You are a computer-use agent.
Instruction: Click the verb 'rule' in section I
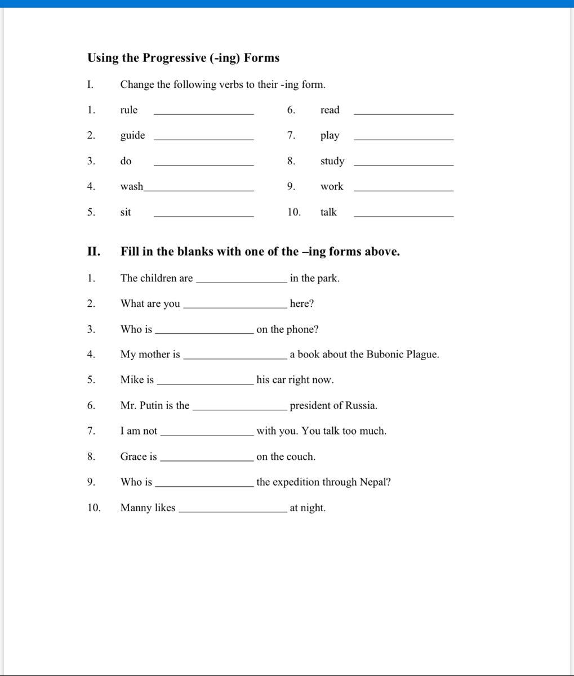128,110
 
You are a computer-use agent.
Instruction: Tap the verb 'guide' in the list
132,136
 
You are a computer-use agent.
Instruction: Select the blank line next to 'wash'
198,190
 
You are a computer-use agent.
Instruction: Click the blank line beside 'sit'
203,215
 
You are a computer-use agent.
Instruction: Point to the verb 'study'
332,162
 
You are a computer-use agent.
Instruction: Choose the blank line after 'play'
403,138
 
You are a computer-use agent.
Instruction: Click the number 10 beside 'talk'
293,212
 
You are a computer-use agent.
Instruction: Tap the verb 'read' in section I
330,110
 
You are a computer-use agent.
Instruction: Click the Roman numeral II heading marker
94,252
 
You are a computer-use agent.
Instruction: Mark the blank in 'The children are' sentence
241,281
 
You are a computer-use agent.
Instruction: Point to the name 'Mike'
131,380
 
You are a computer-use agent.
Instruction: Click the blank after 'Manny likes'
232,511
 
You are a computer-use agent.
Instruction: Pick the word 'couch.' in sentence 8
301,456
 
